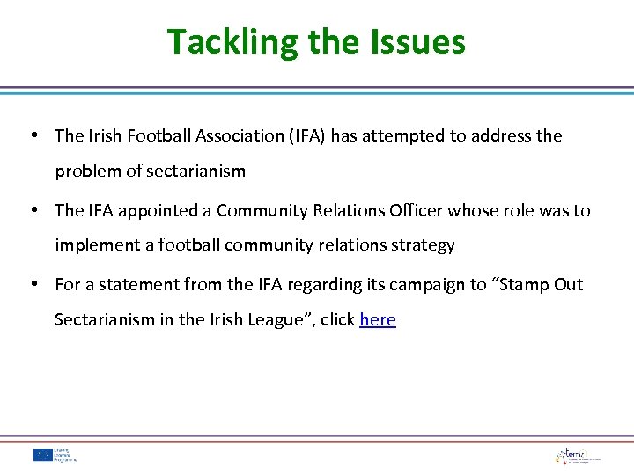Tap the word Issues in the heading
tap(419, 42)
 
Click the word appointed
tap(165, 210)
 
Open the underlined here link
tap(378, 320)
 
